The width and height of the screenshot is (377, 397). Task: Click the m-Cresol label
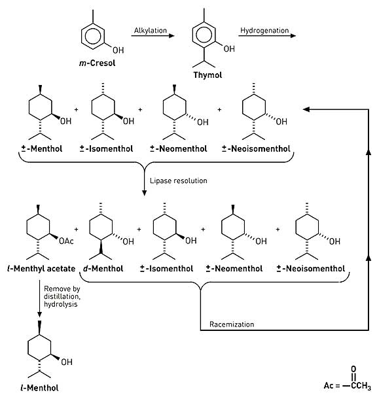pyautogui.click(x=98, y=63)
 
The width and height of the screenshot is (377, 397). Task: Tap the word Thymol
pyautogui.click(x=207, y=75)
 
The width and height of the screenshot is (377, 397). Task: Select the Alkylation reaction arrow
pyautogui.click(x=153, y=36)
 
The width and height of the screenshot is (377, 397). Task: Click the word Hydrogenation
pyautogui.click(x=264, y=30)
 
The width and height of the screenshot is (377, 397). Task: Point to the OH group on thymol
pyautogui.click(x=229, y=49)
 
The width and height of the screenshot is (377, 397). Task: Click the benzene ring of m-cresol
pyautogui.click(x=93, y=36)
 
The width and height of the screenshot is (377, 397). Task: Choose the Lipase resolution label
pyautogui.click(x=179, y=181)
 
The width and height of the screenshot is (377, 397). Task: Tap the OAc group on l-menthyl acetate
pyautogui.click(x=66, y=241)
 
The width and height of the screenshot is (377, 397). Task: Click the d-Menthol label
pyautogui.click(x=103, y=268)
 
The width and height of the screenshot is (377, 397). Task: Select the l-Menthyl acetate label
pyautogui.click(x=41, y=268)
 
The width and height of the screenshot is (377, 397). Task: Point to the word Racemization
pyautogui.click(x=232, y=324)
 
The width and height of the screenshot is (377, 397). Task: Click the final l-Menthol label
pyautogui.click(x=39, y=388)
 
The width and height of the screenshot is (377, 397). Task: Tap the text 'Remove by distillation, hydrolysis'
pyautogui.click(x=62, y=296)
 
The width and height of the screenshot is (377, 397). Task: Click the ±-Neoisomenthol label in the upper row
pyautogui.click(x=256, y=148)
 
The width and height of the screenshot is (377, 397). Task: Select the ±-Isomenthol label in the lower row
pyautogui.click(x=166, y=268)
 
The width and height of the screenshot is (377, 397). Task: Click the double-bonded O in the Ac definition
pyautogui.click(x=353, y=369)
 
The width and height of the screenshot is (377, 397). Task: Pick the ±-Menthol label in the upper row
pyautogui.click(x=42, y=148)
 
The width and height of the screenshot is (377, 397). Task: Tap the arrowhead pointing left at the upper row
pyautogui.click(x=306, y=109)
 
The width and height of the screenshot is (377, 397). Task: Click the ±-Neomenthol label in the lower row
pyautogui.click(x=234, y=268)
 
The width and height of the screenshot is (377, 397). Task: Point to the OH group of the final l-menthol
pyautogui.click(x=67, y=362)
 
